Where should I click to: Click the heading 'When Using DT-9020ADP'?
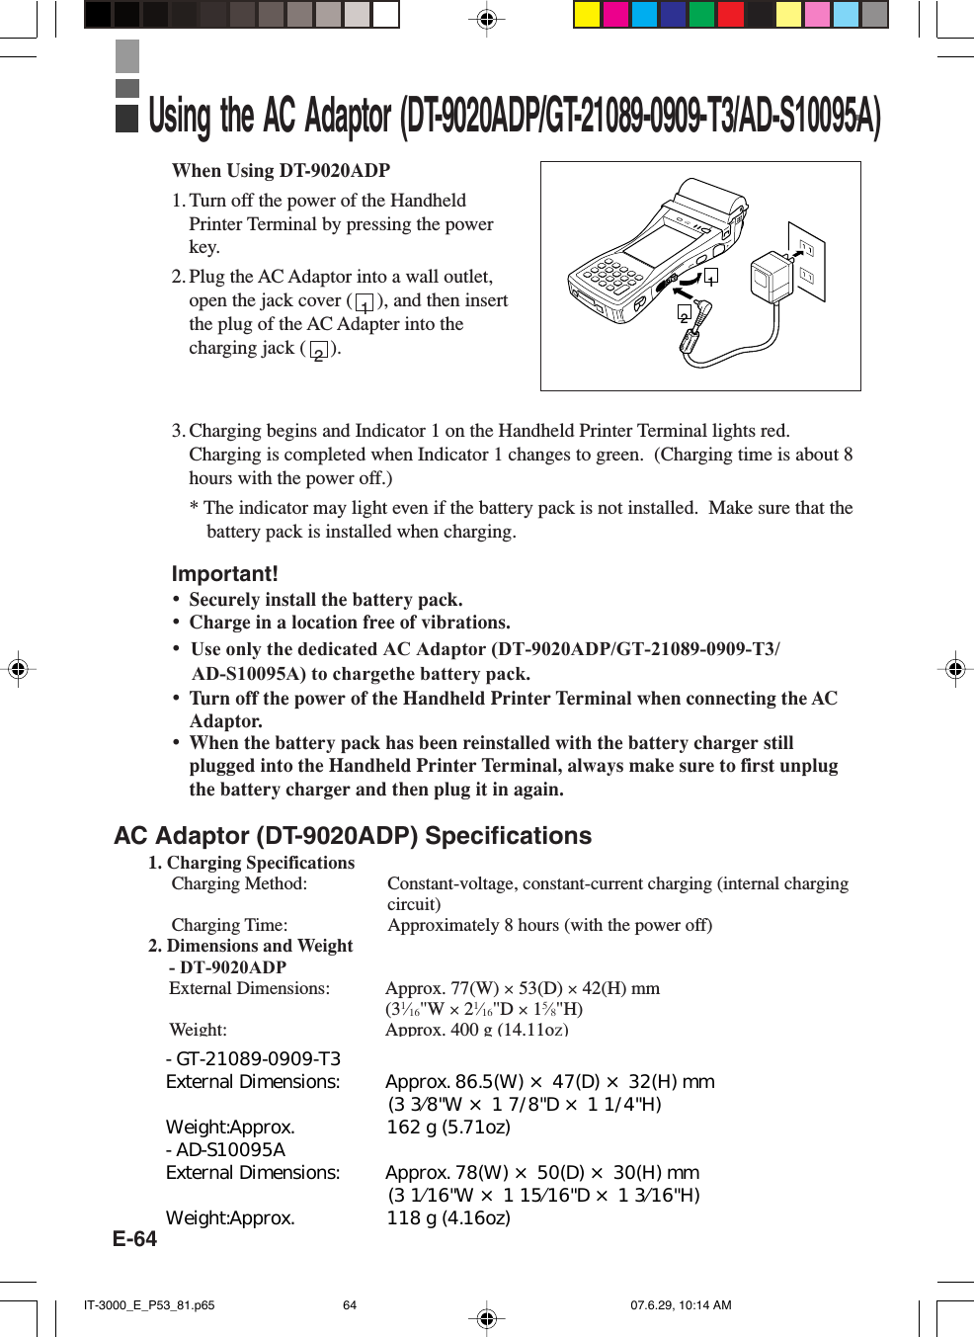281,170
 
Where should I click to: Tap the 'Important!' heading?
224,573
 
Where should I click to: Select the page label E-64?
134,1239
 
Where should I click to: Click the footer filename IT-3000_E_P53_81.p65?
149,1304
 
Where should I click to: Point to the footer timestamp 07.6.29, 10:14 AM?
681,1304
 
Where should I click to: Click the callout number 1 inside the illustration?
710,277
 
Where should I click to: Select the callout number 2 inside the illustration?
684,314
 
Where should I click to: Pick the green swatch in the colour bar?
701,14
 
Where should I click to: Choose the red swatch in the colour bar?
730,14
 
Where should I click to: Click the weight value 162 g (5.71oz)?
448,1128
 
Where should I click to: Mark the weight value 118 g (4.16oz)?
448,1218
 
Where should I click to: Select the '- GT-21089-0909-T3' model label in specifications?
253,1059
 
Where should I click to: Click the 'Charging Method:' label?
239,883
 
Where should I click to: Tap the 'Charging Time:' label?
229,925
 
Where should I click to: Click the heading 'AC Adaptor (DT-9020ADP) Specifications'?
353,836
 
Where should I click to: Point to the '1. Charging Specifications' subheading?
251,863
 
